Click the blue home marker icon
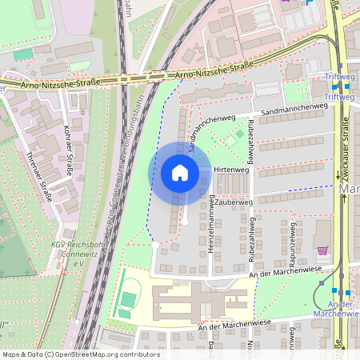click(179, 173)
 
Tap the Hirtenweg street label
click(232, 170)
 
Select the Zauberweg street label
click(234, 203)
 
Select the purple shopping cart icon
click(322, 250)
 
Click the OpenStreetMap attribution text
click(81, 354)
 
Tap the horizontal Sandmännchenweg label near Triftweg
click(294, 107)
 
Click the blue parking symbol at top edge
click(309, 2)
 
